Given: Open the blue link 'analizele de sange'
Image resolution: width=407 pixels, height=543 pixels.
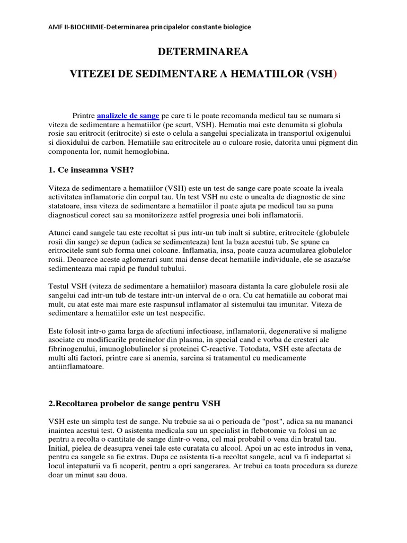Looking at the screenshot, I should click(128, 115).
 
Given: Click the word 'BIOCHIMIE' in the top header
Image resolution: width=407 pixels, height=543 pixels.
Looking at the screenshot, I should click(84, 26).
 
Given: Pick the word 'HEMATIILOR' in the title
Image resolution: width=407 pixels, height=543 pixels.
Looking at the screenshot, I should click(259, 74).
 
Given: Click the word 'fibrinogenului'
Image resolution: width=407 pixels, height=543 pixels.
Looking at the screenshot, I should click(73, 349).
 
